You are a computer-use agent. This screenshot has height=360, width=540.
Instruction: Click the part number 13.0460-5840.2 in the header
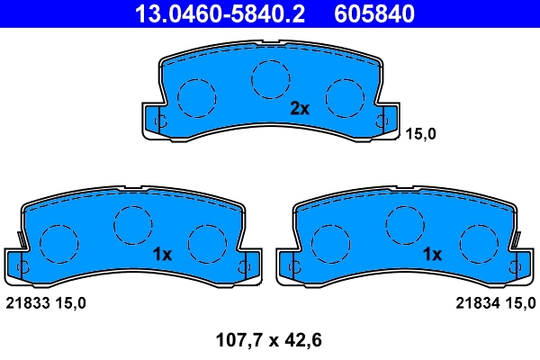coord(220,13)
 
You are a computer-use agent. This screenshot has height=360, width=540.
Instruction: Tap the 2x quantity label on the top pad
coord(300,110)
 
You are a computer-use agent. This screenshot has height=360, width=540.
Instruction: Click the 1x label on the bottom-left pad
coord(162,255)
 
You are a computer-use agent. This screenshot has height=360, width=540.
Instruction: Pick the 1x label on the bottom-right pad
coord(433,255)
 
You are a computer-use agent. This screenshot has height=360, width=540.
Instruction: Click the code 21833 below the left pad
coord(24,303)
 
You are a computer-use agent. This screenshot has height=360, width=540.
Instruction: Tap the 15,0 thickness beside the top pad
coord(422,134)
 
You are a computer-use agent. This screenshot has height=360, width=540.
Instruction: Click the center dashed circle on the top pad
coord(268,78)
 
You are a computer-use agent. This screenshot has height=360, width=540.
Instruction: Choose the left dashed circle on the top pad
coord(197,96)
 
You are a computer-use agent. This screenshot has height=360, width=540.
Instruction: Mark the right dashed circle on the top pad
coord(343,96)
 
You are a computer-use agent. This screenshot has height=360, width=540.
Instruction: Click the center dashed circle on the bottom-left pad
coord(132,222)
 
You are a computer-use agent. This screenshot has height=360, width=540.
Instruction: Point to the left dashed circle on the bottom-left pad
coord(60,241)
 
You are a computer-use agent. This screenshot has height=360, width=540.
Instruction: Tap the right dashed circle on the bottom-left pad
coord(206,240)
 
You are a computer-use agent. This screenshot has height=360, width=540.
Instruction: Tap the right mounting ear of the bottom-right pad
coord(519,265)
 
